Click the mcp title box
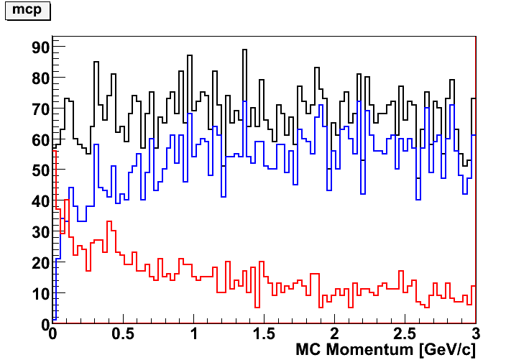[28, 11]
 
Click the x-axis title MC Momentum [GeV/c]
[385, 350]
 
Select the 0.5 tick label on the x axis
[123, 335]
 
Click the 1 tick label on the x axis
[193, 335]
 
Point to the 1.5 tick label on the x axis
[264, 335]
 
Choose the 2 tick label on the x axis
[334, 335]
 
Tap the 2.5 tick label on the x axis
[405, 335]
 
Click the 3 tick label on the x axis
[475, 335]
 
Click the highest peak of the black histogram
[244, 50]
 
